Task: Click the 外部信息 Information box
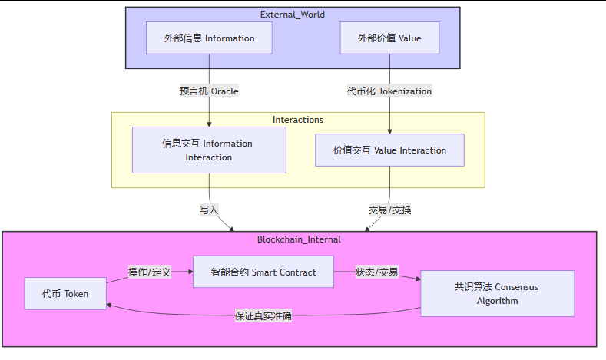pyautogui.click(x=209, y=38)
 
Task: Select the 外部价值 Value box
pyautogui.click(x=389, y=38)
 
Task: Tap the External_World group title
pyautogui.click(x=293, y=15)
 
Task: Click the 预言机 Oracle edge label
pyautogui.click(x=209, y=91)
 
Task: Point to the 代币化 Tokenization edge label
pyautogui.click(x=389, y=91)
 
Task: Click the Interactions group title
pyautogui.click(x=298, y=120)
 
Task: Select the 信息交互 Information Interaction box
pyautogui.click(x=209, y=150)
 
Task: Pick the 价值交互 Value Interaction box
pyautogui.click(x=389, y=150)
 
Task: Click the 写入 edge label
pyautogui.click(x=210, y=209)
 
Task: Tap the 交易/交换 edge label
pyautogui.click(x=389, y=209)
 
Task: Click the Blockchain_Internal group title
pyautogui.click(x=299, y=239)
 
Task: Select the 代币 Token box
pyautogui.click(x=65, y=293)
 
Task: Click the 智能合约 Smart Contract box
pyautogui.click(x=263, y=272)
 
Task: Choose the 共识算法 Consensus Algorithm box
pyautogui.click(x=496, y=293)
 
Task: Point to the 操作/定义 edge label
pyautogui.click(x=150, y=272)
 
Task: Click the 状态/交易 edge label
pyautogui.click(x=376, y=272)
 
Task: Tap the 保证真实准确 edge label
pyautogui.click(x=263, y=315)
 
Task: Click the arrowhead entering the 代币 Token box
pyautogui.click(x=111, y=305)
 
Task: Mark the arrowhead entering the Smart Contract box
pyautogui.click(x=189, y=272)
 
